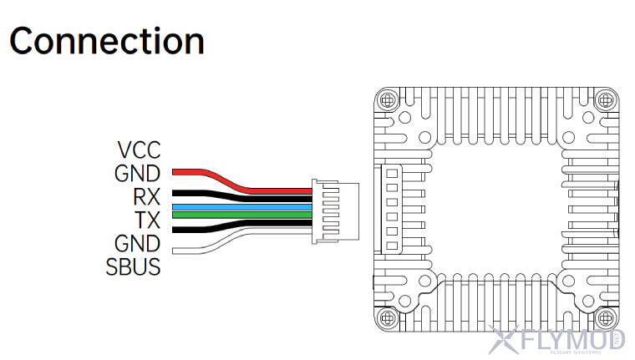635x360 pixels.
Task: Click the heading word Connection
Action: coord(107,40)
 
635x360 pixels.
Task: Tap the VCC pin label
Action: coord(139,151)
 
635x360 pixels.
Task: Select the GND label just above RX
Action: coord(138,175)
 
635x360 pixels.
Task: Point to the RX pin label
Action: coord(146,198)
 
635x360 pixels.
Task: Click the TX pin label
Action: coord(147,221)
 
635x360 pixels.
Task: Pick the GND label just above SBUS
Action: coord(138,244)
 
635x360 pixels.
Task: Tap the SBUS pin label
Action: coord(134,267)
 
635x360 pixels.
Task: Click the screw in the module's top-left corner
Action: coord(386,101)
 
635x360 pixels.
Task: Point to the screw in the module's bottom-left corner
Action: coord(386,317)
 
